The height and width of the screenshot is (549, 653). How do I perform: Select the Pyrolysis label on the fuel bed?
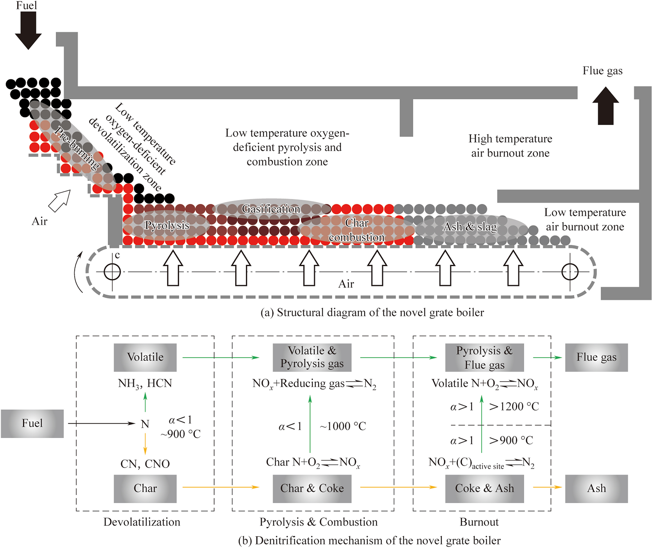click(x=167, y=225)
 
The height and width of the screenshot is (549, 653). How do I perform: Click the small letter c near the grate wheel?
click(x=117, y=255)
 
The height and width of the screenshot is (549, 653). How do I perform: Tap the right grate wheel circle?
click(x=570, y=272)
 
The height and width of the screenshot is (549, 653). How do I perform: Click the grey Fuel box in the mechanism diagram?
click(x=32, y=423)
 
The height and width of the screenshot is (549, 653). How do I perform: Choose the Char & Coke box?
click(x=312, y=488)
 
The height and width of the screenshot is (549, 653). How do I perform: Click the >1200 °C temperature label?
click(x=514, y=407)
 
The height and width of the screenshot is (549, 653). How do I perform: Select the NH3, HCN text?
click(x=145, y=383)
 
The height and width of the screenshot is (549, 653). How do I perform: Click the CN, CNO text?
click(x=145, y=464)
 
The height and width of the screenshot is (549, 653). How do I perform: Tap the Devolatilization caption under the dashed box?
click(x=142, y=522)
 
